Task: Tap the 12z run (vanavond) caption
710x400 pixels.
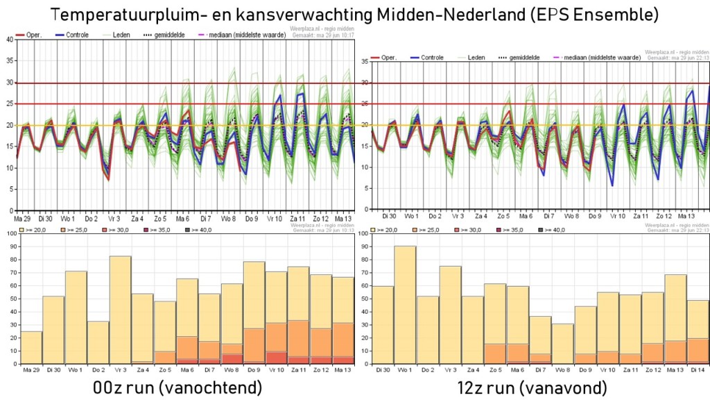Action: pyautogui.click(x=532, y=386)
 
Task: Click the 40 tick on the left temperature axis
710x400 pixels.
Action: pyautogui.click(x=9, y=40)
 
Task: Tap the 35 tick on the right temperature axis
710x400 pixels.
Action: pyautogui.click(x=365, y=61)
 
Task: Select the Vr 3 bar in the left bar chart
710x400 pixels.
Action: pyautogui.click(x=121, y=310)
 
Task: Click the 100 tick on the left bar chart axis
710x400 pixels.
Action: pyautogui.click(x=9, y=233)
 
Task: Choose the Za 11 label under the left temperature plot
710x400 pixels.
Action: pyautogui.click(x=299, y=217)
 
